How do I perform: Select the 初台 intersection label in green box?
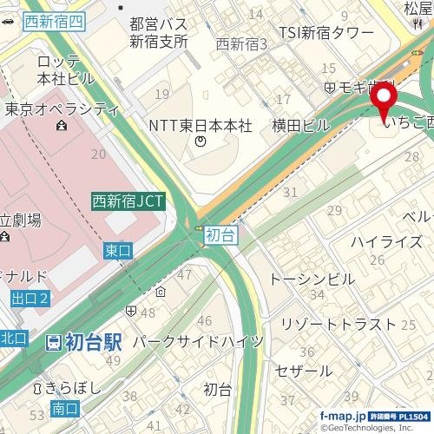[221, 234]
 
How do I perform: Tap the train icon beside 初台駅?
[54, 341]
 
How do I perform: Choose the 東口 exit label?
[117, 250]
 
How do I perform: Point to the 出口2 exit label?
[31, 298]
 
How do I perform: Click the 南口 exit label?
[65, 407]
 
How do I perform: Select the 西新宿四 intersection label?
[54, 23]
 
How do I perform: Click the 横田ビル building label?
[300, 126]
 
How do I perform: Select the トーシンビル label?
[312, 279]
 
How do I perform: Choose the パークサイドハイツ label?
[196, 342]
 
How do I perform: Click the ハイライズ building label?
[386, 241]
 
